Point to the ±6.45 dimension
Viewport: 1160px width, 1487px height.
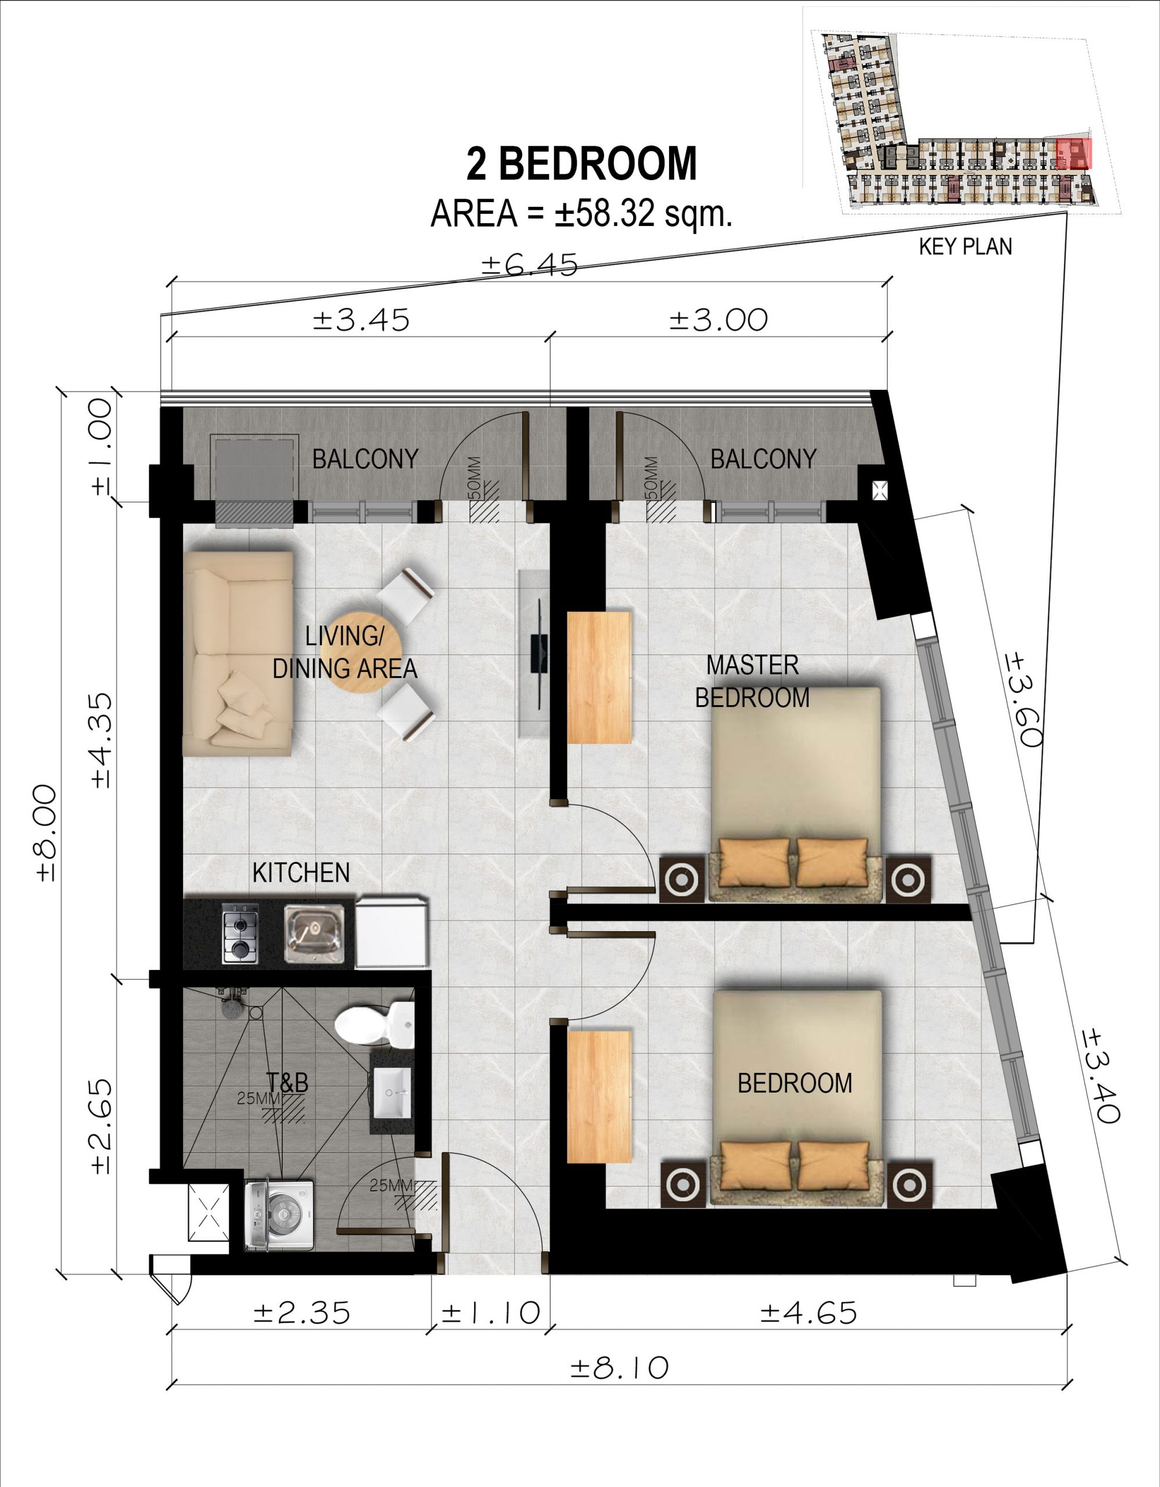tap(530, 265)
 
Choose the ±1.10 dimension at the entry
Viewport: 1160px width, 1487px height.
tap(491, 1312)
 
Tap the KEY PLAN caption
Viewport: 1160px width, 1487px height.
tap(965, 246)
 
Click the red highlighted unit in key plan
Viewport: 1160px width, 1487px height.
tap(1073, 153)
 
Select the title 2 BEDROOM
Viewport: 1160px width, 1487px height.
tap(581, 163)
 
